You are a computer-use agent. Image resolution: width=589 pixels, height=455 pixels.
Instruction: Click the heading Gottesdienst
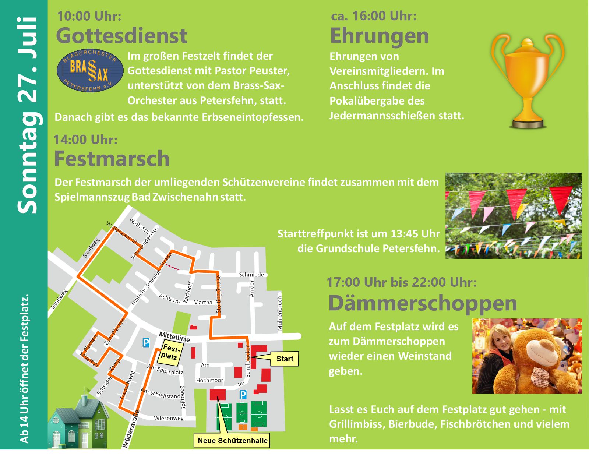(121, 36)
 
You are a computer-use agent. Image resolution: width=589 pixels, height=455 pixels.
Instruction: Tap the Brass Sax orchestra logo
(90, 71)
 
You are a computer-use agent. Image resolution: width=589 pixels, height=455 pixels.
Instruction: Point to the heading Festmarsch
(112, 159)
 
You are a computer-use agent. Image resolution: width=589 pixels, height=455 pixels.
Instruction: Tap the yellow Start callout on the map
(284, 359)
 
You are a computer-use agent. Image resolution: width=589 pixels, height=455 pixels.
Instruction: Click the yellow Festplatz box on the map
(170, 353)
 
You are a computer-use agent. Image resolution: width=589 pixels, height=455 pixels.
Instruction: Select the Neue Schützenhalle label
(232, 440)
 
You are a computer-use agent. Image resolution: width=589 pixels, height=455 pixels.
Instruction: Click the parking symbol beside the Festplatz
(146, 343)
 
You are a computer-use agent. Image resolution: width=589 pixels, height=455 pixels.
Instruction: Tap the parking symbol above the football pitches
(243, 395)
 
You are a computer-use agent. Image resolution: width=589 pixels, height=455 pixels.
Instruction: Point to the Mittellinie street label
(174, 337)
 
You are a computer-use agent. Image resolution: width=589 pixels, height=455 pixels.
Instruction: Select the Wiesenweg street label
(169, 418)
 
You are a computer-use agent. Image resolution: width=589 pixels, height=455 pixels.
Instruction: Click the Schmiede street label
(251, 275)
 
